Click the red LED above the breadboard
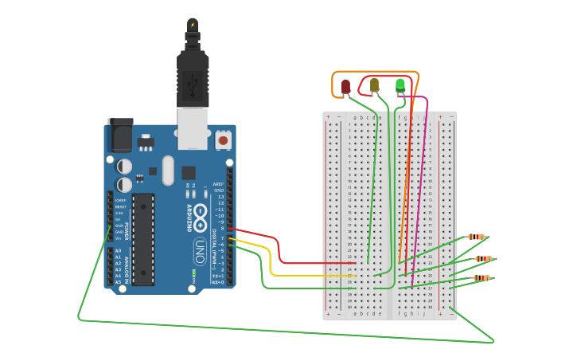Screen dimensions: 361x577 pyautogui.click(x=345, y=86)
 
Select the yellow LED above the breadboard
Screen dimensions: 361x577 pyautogui.click(x=374, y=85)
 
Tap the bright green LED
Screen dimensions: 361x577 pyautogui.click(x=400, y=84)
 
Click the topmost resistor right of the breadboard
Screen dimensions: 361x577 pyautogui.click(x=476, y=237)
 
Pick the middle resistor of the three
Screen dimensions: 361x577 pyautogui.click(x=483, y=258)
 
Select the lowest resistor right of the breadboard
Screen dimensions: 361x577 pyautogui.click(x=481, y=278)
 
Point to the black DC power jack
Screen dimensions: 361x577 pyautogui.click(x=119, y=135)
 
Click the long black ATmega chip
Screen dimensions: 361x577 pyautogui.click(x=143, y=238)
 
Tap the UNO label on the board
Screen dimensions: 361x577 pyautogui.click(x=200, y=251)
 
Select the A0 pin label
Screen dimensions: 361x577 pyautogui.click(x=119, y=251)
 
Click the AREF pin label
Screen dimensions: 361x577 pyautogui.click(x=218, y=183)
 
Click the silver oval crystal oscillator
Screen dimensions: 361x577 pyautogui.click(x=167, y=170)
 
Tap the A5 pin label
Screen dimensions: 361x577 pyautogui.click(x=119, y=282)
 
